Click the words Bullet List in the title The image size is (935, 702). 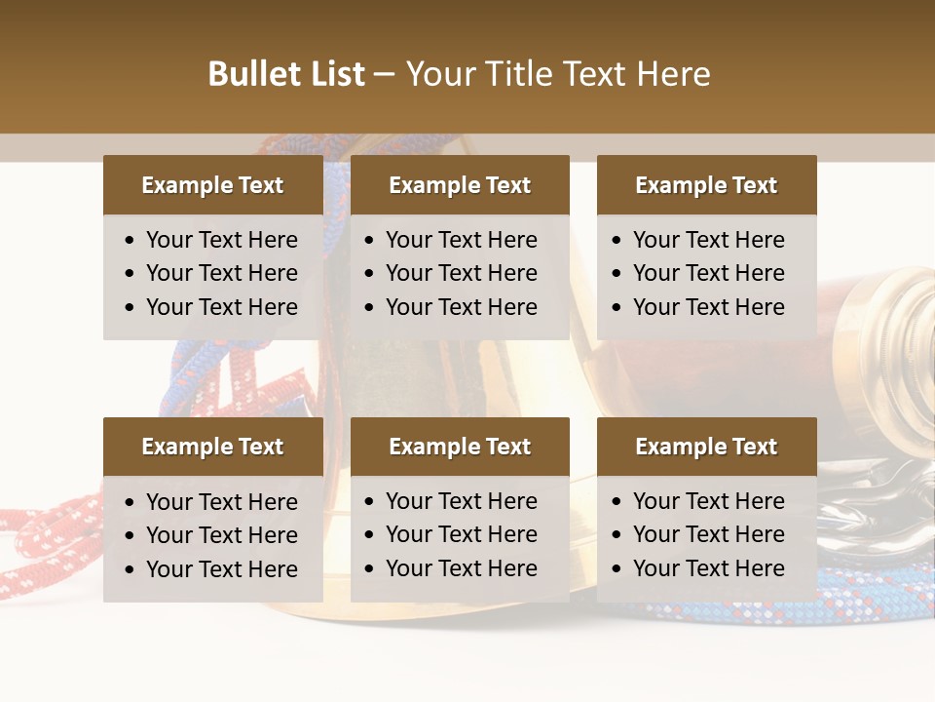[286, 74]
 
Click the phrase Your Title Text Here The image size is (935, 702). [558, 74]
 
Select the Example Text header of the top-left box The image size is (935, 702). [212, 185]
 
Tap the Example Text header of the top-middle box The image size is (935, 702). [460, 185]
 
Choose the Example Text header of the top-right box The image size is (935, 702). [706, 185]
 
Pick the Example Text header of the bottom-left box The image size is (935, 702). [212, 447]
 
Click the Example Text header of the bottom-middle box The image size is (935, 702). [460, 447]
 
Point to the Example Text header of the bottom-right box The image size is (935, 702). [706, 447]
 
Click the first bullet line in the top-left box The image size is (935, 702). [222, 240]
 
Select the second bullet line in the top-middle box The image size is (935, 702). [462, 273]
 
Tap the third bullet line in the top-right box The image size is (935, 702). [709, 307]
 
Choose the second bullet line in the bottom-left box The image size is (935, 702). [222, 535]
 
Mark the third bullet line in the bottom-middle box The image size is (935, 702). [462, 568]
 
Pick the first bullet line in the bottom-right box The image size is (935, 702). [709, 501]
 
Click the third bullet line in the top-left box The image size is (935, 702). [222, 307]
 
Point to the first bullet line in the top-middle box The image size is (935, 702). [462, 240]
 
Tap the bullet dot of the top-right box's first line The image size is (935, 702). [617, 241]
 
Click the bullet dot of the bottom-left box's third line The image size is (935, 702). [131, 570]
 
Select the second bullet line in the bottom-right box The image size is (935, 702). [709, 534]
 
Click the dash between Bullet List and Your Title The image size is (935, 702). [385, 75]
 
